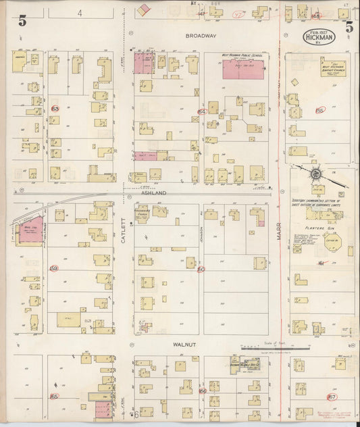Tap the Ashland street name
coord(153,192)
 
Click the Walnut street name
coord(184,345)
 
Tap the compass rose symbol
coord(315,174)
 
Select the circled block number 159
coord(54,268)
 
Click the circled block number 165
coord(54,397)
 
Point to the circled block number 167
coord(331,397)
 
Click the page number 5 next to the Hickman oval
coord(349,27)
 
